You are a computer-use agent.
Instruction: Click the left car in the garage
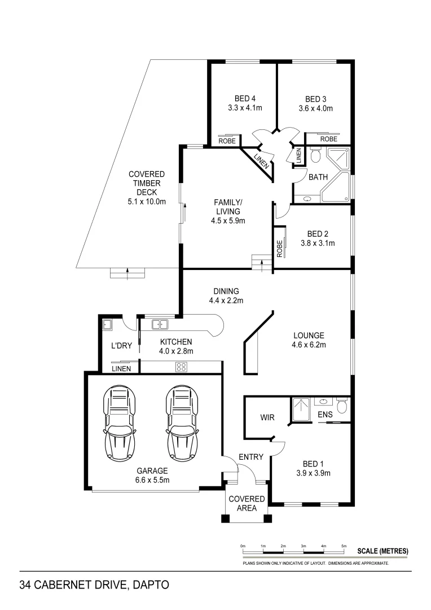point(120,422)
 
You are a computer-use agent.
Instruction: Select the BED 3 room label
point(315,98)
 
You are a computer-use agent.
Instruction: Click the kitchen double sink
point(160,324)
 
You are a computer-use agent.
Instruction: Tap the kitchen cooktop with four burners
point(181,367)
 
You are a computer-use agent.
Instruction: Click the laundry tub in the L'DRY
point(107,324)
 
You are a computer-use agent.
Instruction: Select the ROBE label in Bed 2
point(279,249)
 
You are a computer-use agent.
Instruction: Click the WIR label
point(267,418)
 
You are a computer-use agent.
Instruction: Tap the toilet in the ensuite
point(341,406)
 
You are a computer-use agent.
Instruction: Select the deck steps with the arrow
point(127,273)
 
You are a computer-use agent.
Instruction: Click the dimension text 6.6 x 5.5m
point(152,480)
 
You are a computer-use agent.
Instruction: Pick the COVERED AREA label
point(247,503)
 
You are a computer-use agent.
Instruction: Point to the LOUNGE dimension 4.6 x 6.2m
point(309,345)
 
